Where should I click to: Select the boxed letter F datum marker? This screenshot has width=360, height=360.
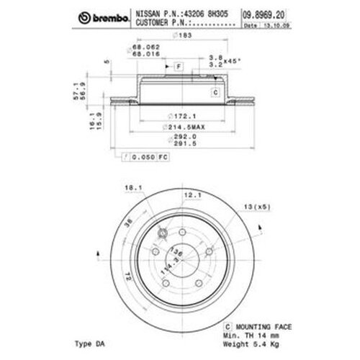[x=176, y=66]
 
